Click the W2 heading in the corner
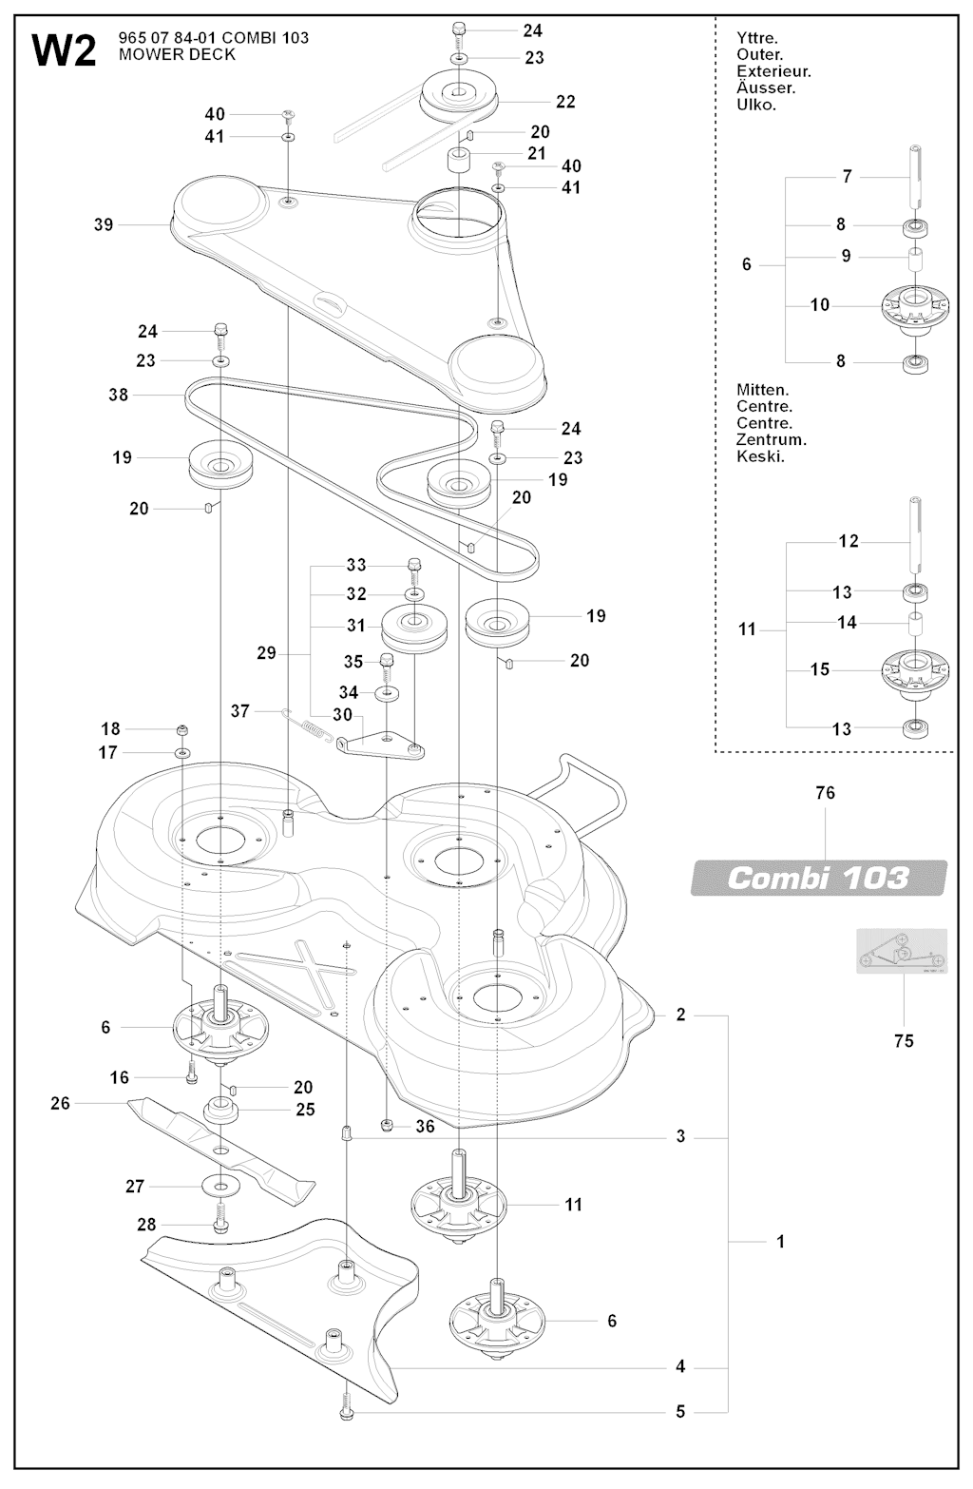(x=64, y=50)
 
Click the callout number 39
(x=104, y=224)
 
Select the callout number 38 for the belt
(x=118, y=394)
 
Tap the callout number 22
(x=565, y=102)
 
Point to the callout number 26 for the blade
(x=60, y=1103)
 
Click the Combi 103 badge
(x=818, y=877)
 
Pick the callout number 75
(x=904, y=1040)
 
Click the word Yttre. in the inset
(x=757, y=38)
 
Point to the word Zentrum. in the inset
(x=771, y=439)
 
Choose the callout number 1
(x=780, y=1241)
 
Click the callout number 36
(x=425, y=1126)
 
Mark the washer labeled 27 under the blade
(x=220, y=1187)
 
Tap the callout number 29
(x=266, y=653)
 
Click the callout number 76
(x=825, y=792)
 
